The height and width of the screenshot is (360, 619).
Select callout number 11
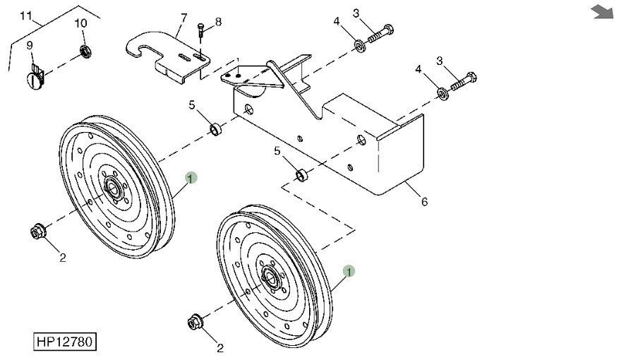pos(25,16)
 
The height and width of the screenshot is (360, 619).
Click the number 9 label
pos(30,46)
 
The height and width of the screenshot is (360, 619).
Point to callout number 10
pos(80,23)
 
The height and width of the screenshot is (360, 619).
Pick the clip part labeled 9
pos(37,71)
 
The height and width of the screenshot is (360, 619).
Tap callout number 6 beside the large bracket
pos(424,202)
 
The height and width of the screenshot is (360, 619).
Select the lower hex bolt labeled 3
pos(463,83)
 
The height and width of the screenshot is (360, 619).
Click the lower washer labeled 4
pos(442,93)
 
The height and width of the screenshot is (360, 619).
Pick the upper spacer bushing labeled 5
pos(214,130)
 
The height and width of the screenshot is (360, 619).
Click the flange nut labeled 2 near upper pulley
pos(37,231)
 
